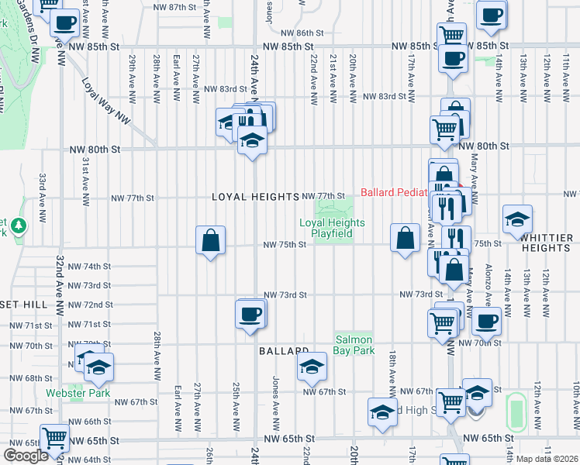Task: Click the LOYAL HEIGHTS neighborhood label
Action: pyautogui.click(x=255, y=197)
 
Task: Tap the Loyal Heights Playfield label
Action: pyautogui.click(x=331, y=228)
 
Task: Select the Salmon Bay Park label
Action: pyautogui.click(x=354, y=345)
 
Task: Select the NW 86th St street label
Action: pyautogui.click(x=302, y=33)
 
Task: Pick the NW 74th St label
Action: pyautogui.click(x=90, y=266)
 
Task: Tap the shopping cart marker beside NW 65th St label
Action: pyautogui.click(x=54, y=439)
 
